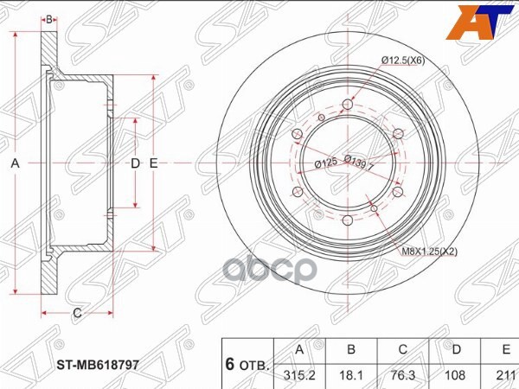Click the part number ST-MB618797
coord(98,365)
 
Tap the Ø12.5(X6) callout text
coord(403,61)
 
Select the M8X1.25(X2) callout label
coord(429,252)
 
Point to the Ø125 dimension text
coord(326,163)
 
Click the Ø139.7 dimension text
coord(358,163)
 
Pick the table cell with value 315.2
coord(299,375)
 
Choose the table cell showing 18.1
coord(351,375)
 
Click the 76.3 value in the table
coord(403,375)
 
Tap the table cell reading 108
coord(455,375)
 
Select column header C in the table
coord(403,349)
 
